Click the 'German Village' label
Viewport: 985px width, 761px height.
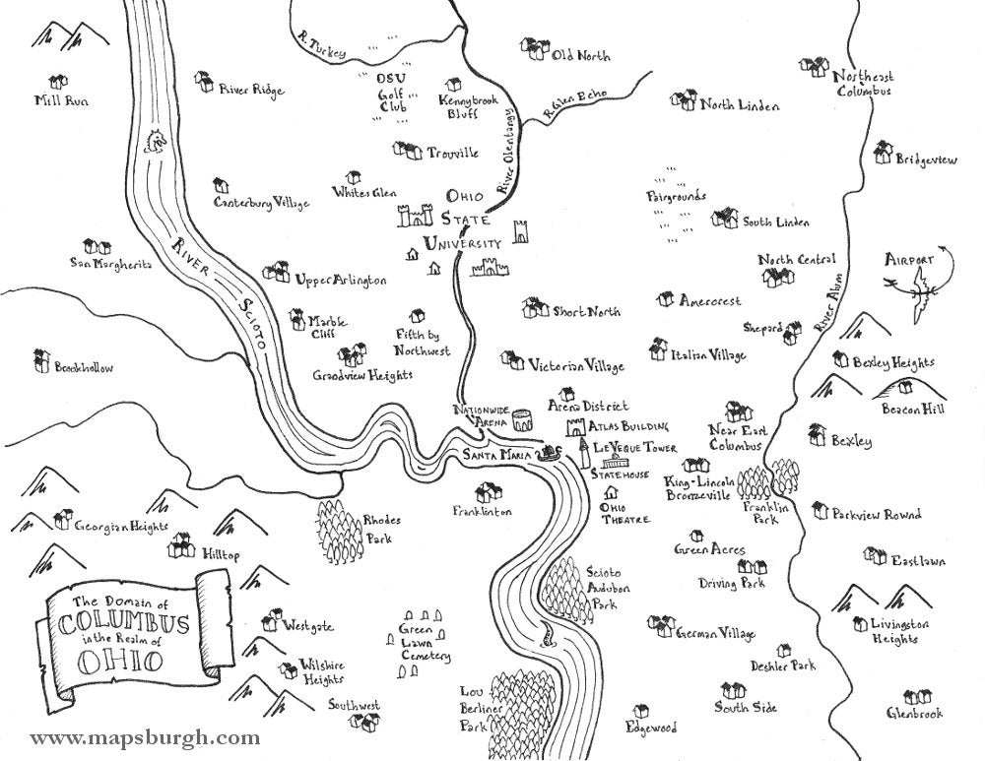[715, 633]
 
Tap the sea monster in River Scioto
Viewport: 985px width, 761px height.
[154, 143]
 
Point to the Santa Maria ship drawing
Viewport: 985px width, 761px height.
[547, 453]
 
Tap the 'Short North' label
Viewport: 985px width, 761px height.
[586, 312]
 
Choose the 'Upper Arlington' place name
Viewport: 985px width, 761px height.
[340, 281]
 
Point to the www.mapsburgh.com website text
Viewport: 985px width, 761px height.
[145, 737]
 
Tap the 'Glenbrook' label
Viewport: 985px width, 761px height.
[914, 713]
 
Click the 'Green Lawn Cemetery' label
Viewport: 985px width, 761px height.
[425, 642]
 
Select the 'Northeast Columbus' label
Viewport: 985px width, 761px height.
[864, 83]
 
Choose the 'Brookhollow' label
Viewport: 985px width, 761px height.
[84, 368]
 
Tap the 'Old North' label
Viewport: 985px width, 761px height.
[580, 56]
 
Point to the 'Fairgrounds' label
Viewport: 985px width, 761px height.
[676, 196]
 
